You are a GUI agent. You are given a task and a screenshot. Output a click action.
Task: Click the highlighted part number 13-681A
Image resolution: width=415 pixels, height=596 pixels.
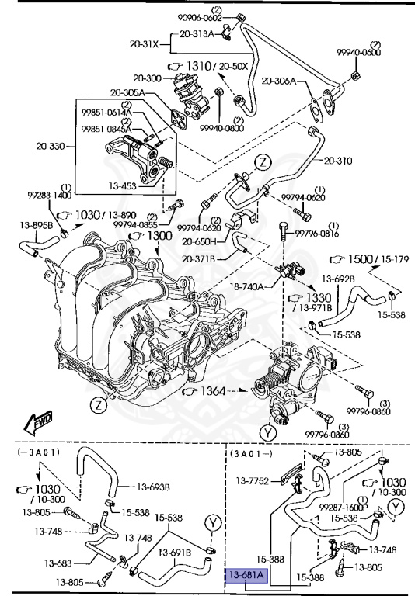(246, 575)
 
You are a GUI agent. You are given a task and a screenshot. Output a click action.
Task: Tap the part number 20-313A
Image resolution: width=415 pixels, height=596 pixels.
(197, 34)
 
